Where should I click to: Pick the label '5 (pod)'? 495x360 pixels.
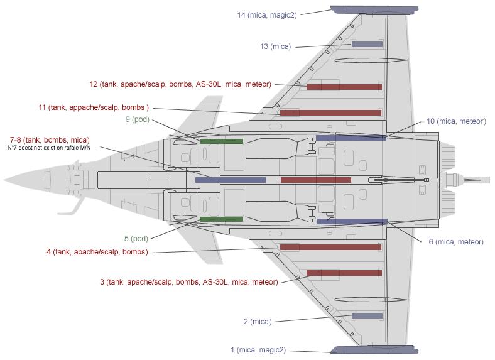pos(136,238)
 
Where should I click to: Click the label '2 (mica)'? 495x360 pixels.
pos(257,321)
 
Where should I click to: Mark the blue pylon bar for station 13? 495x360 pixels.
pos(367,44)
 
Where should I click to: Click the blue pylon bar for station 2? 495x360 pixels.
pos(367,315)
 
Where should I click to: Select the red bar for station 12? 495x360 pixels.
pos(344,87)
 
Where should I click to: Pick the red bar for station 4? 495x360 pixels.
pos(331,247)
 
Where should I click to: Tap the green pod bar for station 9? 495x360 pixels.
pos(221,141)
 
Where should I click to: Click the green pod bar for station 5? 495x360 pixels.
pos(221,219)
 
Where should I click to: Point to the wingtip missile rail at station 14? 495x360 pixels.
pos(374,9)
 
